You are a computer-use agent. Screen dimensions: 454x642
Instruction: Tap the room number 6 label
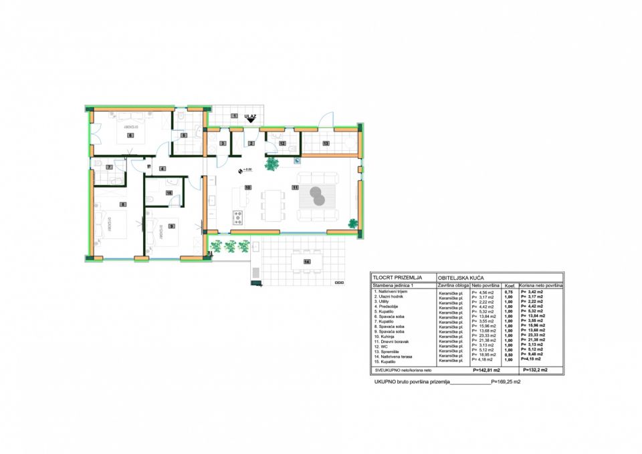pyautogui.click(x=130, y=136)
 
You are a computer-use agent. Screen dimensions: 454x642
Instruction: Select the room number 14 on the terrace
pyautogui.click(x=307, y=261)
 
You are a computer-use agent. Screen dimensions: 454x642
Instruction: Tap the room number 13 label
pyautogui.click(x=326, y=144)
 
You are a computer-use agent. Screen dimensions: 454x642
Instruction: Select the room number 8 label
pyautogui.click(x=122, y=204)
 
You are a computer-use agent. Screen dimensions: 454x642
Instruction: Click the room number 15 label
pyautogui.click(x=169, y=192)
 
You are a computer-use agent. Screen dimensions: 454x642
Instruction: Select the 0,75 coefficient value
pyautogui.click(x=509, y=292)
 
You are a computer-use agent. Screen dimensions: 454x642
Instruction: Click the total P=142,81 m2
pyautogui.click(x=486, y=369)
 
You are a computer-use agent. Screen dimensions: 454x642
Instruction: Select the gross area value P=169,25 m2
pyautogui.click(x=506, y=384)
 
